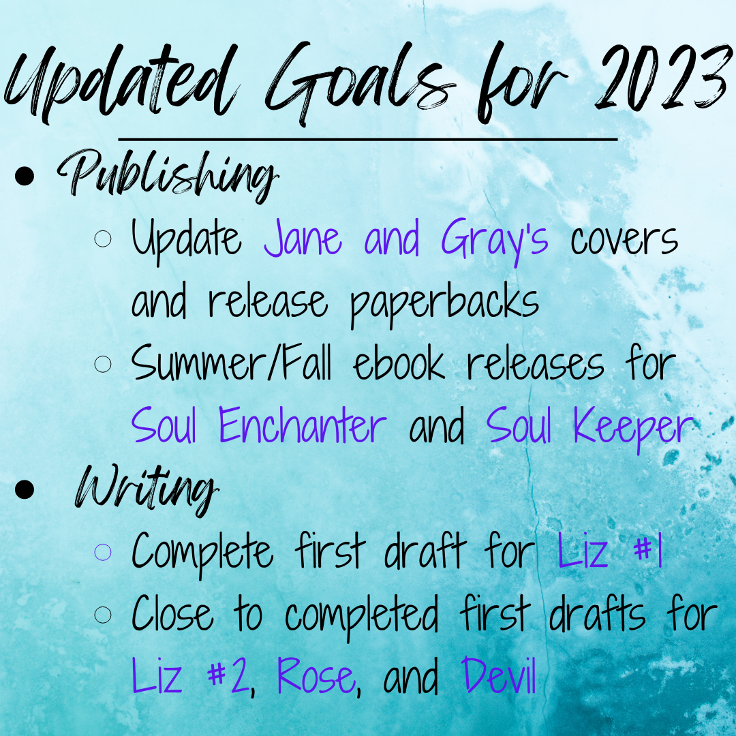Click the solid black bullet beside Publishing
25,176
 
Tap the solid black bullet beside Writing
25,489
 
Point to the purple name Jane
303,238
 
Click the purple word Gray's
494,241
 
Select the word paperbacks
444,304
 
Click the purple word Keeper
633,428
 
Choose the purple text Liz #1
610,550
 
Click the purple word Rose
316,675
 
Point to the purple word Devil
498,675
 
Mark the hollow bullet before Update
103,239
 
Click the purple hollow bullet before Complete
103,552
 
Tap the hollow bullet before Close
103,615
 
